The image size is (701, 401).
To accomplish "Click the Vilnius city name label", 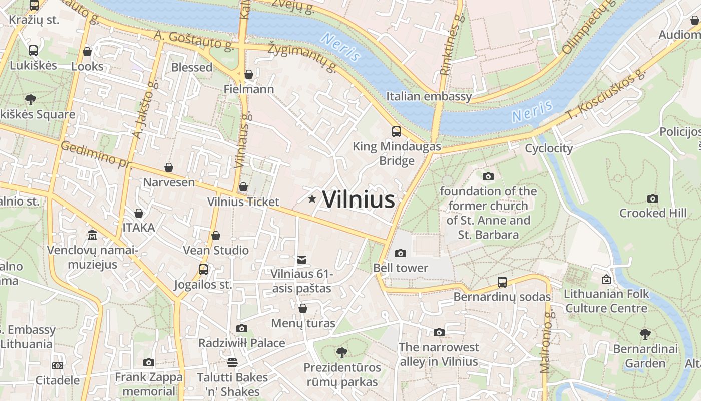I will coord(359,199).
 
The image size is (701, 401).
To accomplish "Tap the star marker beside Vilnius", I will coord(312,199).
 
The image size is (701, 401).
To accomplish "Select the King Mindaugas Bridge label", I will coord(397,153).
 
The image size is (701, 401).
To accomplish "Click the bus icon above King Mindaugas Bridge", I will coord(397,132).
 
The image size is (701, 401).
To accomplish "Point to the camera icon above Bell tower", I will coord(400,253).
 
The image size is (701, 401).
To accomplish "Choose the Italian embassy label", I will coord(429,96).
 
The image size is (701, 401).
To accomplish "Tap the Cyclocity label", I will coord(548,148).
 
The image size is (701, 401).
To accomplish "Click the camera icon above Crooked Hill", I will coord(652,198).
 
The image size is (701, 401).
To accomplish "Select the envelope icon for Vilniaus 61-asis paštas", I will coord(301,260).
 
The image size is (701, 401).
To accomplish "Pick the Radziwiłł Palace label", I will coord(242,343).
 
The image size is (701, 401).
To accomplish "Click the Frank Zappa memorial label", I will coord(149,384).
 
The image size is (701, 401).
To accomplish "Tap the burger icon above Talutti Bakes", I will coord(232,362).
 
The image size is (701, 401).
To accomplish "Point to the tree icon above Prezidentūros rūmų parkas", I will coord(341,352).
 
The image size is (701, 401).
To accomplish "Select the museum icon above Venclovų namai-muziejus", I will coord(92,235).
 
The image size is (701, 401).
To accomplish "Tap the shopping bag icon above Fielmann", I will coord(248,75).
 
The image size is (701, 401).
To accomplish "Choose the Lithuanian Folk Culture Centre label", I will coord(606,301).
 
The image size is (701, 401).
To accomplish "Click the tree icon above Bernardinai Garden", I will coord(645,334).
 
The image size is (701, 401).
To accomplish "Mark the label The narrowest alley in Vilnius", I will coord(439,354).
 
